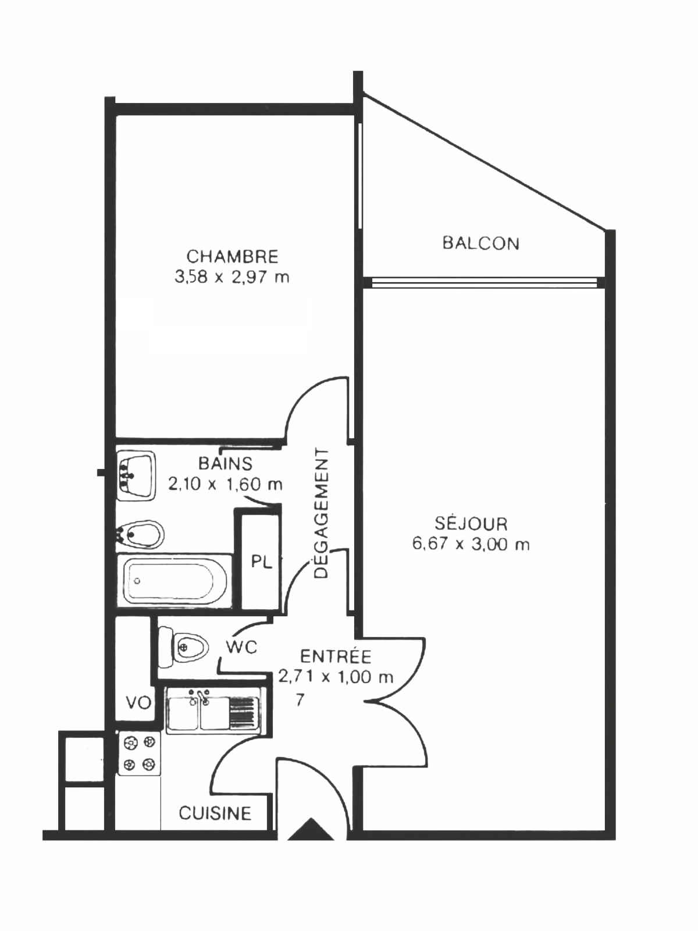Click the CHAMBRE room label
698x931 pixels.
(233, 257)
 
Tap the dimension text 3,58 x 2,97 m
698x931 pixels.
(232, 278)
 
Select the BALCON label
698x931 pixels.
(481, 243)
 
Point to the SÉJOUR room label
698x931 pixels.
(471, 524)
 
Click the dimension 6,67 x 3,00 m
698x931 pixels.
(471, 545)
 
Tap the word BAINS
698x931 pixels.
(226, 464)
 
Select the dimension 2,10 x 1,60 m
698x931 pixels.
(226, 484)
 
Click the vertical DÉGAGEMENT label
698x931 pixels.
(322, 513)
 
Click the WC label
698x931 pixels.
(241, 647)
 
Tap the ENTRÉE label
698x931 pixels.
(336, 656)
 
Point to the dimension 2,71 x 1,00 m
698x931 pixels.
(336, 677)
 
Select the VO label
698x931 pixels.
(138, 703)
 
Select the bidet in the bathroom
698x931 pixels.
(140, 535)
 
